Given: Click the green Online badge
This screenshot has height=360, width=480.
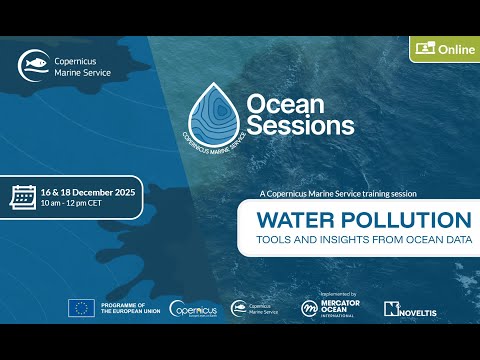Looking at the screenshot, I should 442,48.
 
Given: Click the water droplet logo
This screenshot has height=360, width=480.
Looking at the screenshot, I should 216,113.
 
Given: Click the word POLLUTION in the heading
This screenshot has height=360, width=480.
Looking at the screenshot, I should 405,219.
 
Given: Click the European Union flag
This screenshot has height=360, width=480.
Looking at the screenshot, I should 81,308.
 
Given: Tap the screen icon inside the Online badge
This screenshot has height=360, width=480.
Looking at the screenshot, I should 423,48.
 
